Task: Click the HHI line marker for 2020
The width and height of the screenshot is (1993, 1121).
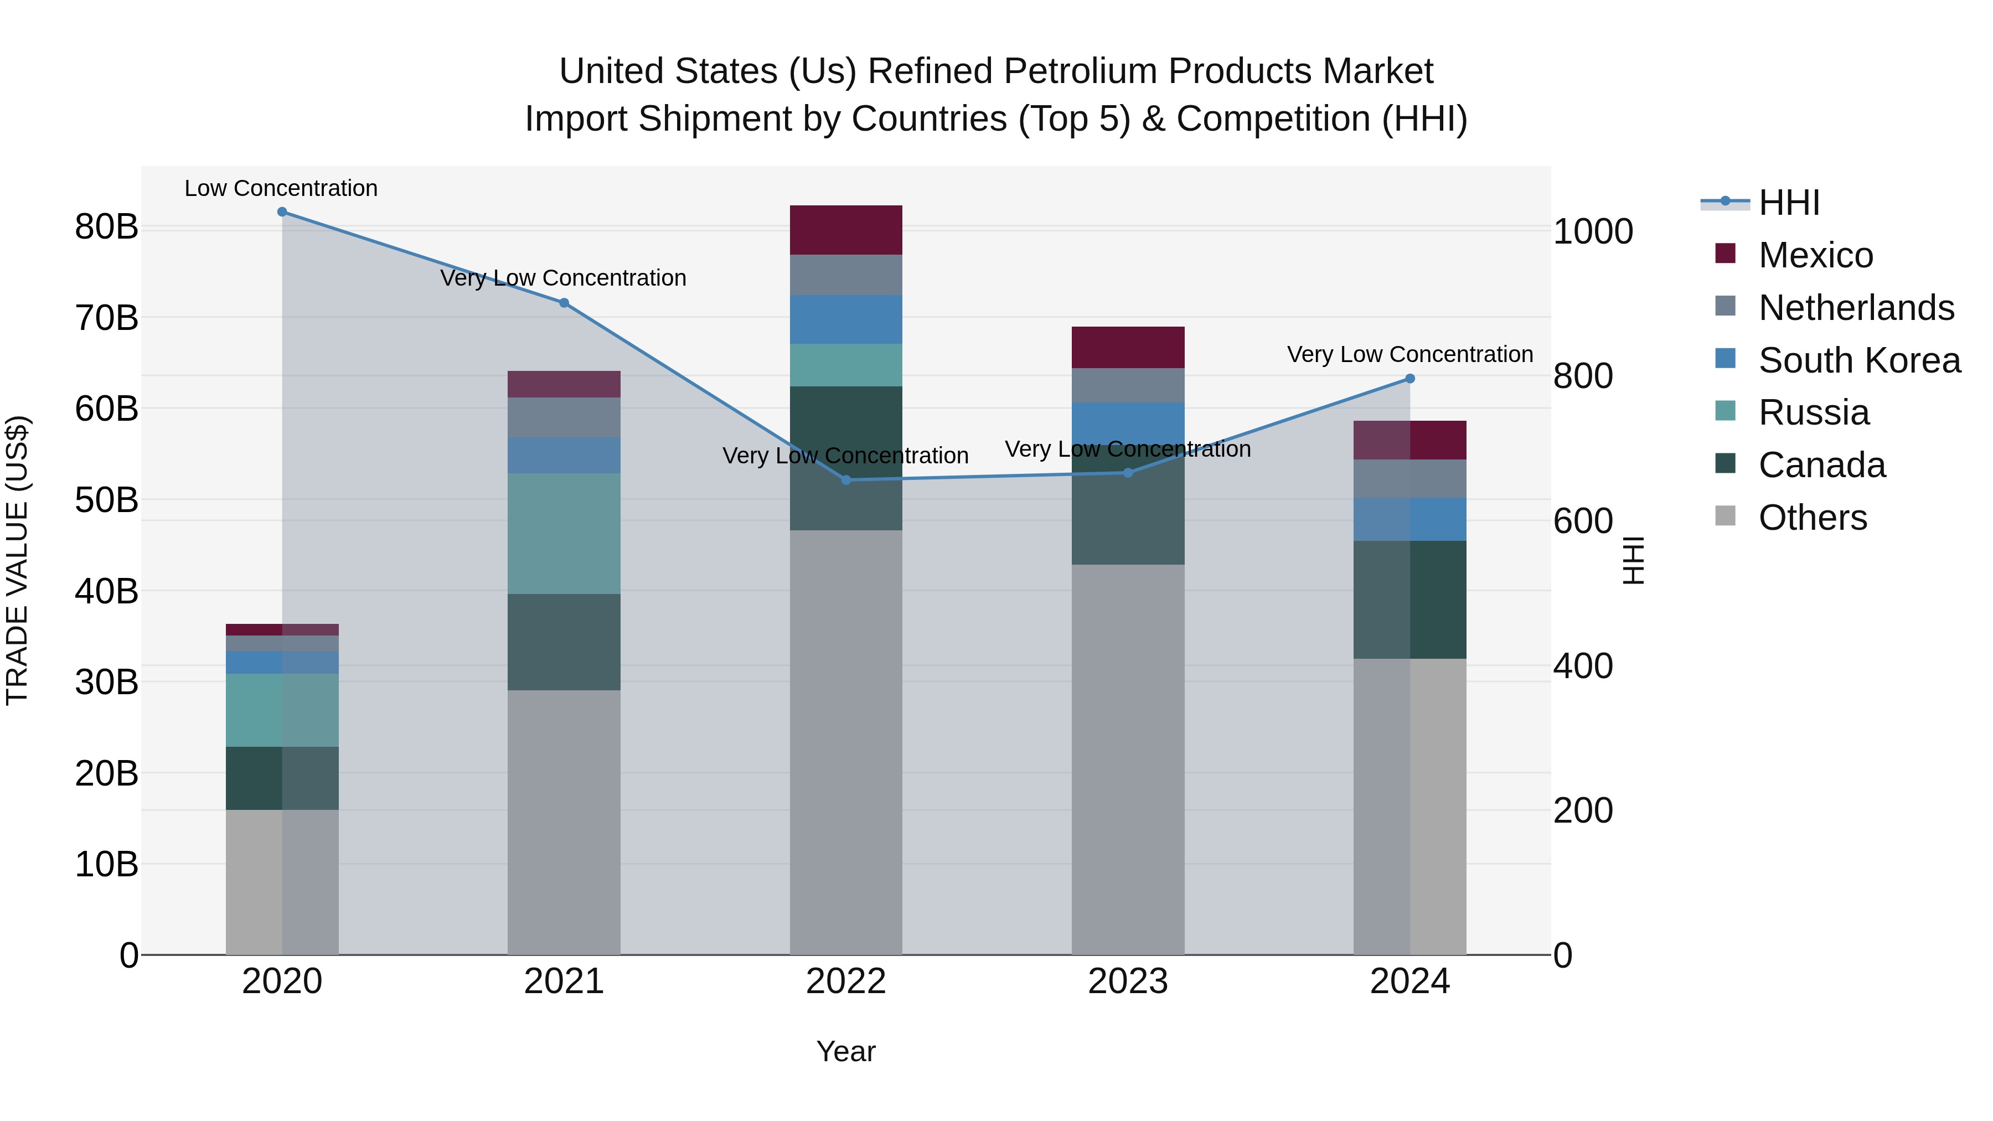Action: tap(282, 212)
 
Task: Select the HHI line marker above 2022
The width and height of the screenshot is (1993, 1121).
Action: tap(845, 481)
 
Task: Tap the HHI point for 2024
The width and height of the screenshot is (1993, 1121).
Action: tap(1409, 379)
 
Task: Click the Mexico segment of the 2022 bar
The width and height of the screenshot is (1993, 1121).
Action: tap(845, 230)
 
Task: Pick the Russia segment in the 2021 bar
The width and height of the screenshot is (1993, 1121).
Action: tap(564, 534)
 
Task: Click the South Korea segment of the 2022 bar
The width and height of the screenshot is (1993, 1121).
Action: tap(845, 319)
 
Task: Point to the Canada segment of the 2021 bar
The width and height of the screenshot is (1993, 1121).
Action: tap(564, 642)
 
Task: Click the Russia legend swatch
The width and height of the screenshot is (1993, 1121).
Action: tap(1725, 411)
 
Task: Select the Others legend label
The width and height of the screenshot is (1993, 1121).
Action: tap(1813, 518)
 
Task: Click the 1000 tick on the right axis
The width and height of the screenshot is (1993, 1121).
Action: tap(1593, 232)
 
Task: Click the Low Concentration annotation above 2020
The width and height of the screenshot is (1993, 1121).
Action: tap(281, 189)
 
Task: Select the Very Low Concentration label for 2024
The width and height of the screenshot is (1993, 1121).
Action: tap(1409, 355)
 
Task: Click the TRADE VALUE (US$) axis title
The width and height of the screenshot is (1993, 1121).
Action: tap(17, 560)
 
